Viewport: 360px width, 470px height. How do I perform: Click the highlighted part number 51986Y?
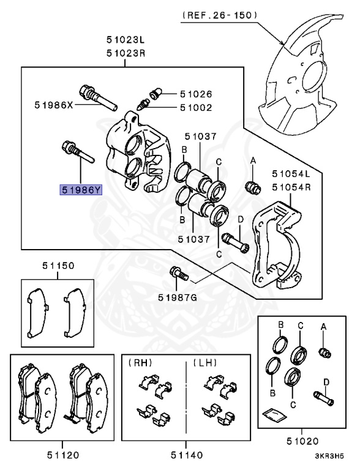[81, 190]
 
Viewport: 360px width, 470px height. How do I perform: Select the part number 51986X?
[54, 105]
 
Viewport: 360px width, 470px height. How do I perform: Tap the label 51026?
[196, 94]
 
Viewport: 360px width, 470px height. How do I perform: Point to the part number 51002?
[196, 108]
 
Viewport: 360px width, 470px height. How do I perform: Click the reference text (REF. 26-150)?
[219, 15]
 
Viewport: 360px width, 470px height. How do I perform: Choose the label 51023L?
[126, 40]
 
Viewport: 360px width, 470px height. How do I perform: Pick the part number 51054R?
[291, 187]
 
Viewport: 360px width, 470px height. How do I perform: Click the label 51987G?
[178, 297]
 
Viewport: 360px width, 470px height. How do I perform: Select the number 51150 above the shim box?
[58, 266]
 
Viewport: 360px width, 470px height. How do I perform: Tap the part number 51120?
[63, 455]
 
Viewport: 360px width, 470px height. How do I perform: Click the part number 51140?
[187, 455]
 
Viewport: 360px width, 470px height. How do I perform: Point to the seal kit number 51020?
[302, 441]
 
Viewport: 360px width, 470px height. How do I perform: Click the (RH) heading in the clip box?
[140, 363]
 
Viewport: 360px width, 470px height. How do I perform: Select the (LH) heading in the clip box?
[205, 363]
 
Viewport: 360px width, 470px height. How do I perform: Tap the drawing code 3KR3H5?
[329, 456]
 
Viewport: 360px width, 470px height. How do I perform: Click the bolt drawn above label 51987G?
[179, 274]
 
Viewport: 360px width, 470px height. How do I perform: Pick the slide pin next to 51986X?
[98, 97]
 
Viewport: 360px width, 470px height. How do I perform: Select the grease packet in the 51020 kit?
[274, 415]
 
